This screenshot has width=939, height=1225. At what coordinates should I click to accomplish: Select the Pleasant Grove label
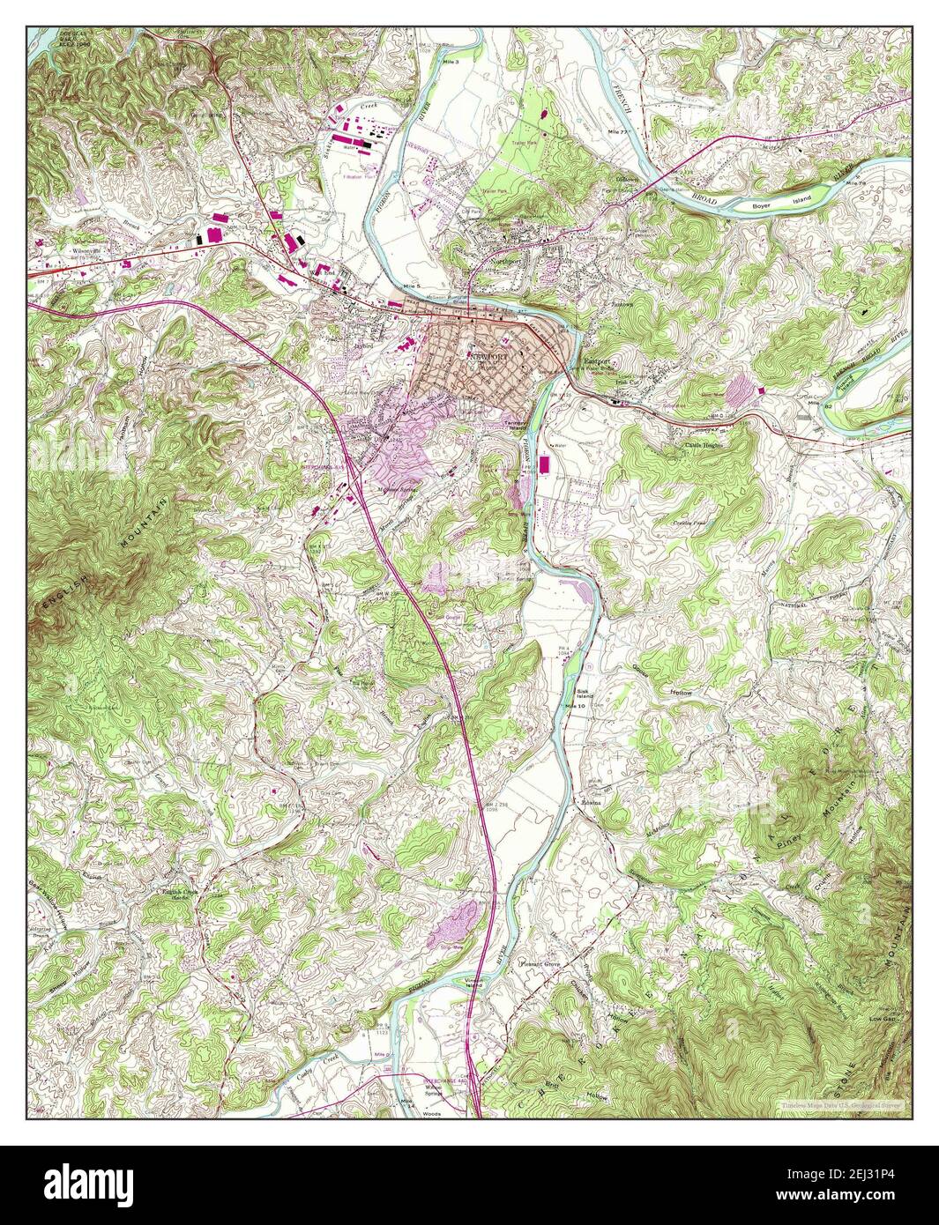[x=540, y=964]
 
